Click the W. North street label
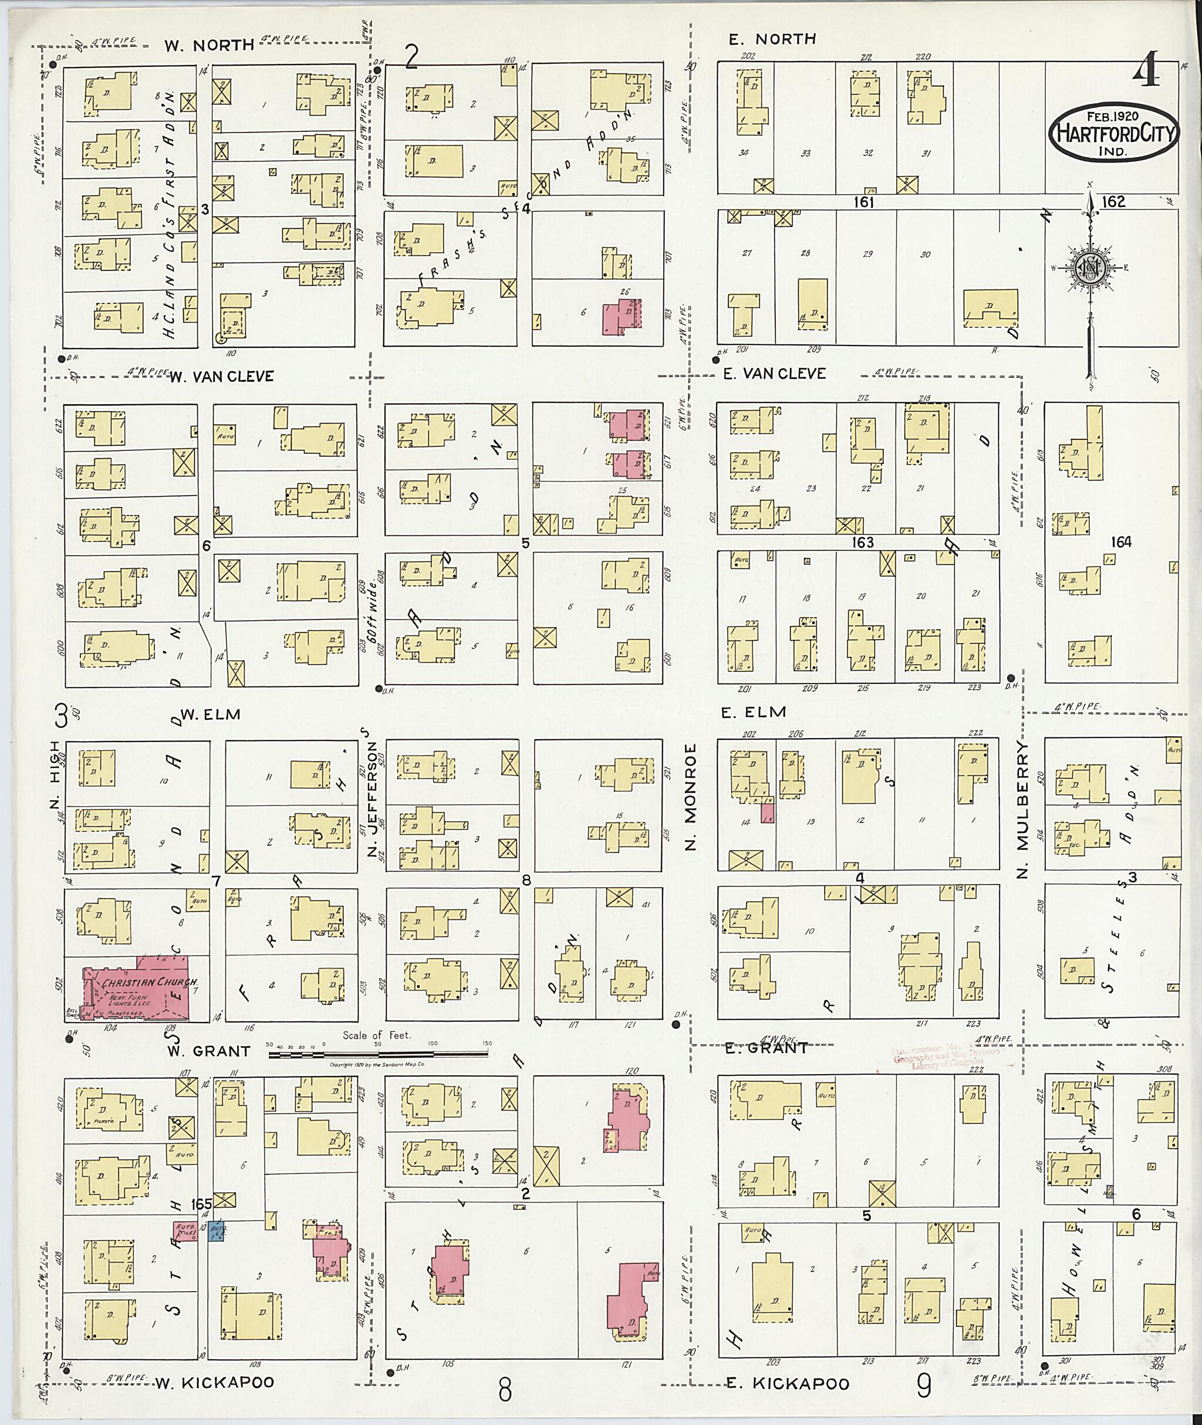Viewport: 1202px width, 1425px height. [x=209, y=46]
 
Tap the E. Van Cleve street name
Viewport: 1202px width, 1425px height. [x=774, y=373]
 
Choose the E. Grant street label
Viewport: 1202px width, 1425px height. [x=766, y=1048]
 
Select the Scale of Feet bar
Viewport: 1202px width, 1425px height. [x=378, y=1055]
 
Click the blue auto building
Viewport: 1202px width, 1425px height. [x=217, y=1231]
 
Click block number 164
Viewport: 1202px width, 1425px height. [x=1120, y=542]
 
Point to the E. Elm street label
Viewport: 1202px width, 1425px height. [x=754, y=712]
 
